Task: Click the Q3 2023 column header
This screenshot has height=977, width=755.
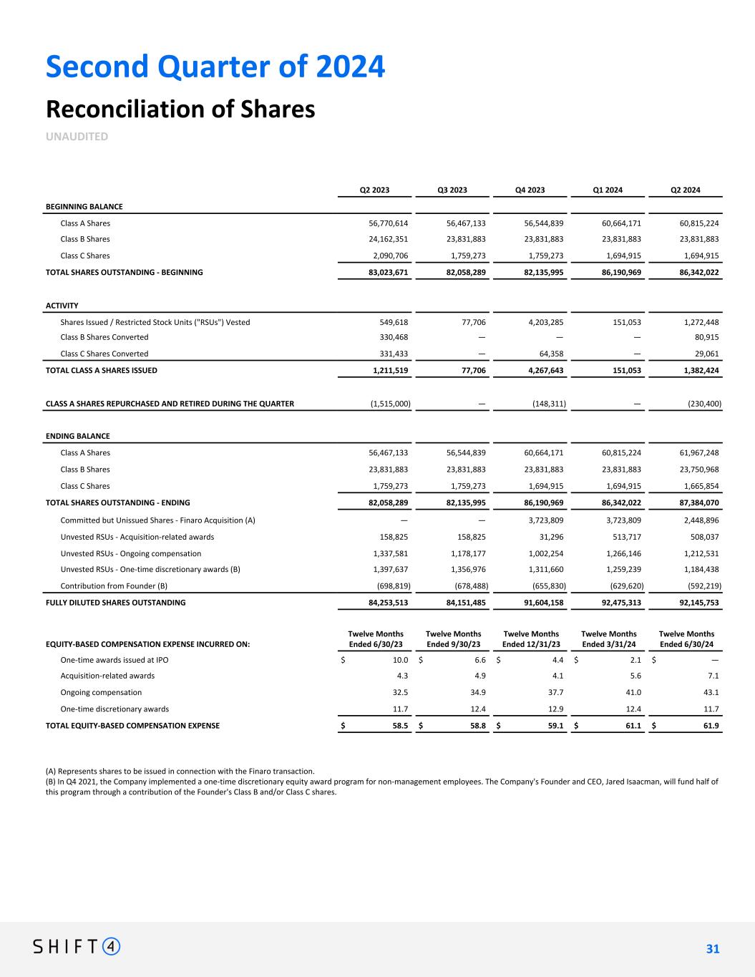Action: coord(452,190)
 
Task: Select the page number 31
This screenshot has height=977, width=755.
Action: coord(712,949)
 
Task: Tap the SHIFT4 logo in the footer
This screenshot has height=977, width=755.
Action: coord(77,947)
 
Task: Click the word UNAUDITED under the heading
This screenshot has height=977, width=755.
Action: coord(77,136)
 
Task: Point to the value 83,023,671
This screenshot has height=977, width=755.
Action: coord(386,272)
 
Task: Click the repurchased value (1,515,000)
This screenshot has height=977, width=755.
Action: coord(390,404)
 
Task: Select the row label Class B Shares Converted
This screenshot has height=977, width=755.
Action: coord(104,337)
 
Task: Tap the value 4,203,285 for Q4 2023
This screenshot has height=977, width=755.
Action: coord(542,322)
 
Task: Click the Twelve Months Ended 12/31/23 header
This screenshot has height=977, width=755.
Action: coord(531,638)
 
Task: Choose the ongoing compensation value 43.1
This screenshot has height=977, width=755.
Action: coord(711,693)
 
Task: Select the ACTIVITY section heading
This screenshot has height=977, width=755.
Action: coord(62,306)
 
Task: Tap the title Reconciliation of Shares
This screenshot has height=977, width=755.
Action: coord(180,110)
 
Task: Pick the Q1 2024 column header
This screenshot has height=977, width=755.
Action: coord(608,190)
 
